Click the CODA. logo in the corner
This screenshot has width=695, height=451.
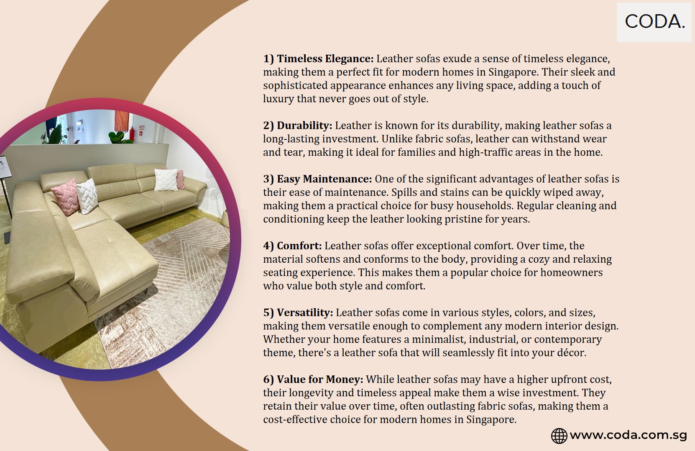click(x=655, y=22)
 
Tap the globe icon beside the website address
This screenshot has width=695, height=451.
click(x=559, y=436)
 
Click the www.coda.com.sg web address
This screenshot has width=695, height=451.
click(x=628, y=435)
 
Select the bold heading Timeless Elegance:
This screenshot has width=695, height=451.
click(x=325, y=58)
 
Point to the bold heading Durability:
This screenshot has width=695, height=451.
click(x=304, y=125)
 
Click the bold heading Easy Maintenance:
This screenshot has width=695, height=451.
click(x=324, y=179)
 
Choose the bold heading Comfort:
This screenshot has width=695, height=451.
click(x=299, y=246)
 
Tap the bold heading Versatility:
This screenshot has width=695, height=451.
click(x=305, y=312)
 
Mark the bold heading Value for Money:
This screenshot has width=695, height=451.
click(x=320, y=379)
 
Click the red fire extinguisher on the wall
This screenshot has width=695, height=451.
click(x=132, y=134)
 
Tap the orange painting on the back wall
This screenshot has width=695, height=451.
click(x=121, y=120)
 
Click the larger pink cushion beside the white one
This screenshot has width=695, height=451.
click(x=66, y=197)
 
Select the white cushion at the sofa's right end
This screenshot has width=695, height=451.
click(x=166, y=179)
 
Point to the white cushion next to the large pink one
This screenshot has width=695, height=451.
click(x=87, y=196)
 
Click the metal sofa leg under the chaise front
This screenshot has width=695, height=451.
click(x=146, y=291)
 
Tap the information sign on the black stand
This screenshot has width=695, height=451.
click(x=4, y=167)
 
